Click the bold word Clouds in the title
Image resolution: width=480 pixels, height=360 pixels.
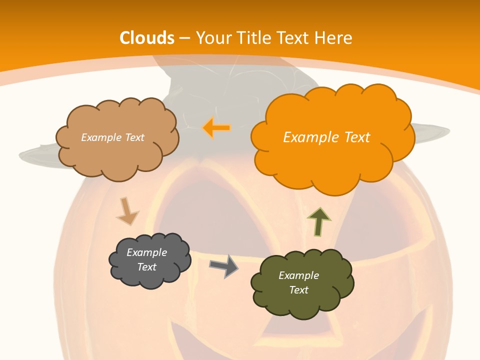pyautogui.click(x=147, y=38)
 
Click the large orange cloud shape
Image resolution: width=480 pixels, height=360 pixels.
pyautogui.click(x=332, y=160)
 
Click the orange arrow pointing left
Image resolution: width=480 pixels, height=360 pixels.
pyautogui.click(x=216, y=128)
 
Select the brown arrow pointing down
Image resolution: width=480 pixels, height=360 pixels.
pyautogui.click(x=127, y=211)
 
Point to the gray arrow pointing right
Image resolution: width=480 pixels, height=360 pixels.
pyautogui.click(x=224, y=266)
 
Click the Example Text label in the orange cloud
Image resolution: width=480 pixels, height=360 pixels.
pyautogui.click(x=326, y=137)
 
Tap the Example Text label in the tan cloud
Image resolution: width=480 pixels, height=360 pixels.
pyautogui.click(x=112, y=137)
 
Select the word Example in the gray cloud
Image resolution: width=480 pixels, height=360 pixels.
pyautogui.click(x=146, y=252)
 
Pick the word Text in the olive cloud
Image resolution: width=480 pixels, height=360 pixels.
pyautogui.click(x=298, y=290)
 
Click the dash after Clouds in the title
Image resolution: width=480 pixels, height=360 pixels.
pyautogui.click(x=183, y=38)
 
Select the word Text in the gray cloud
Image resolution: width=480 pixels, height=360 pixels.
pyautogui.click(x=146, y=267)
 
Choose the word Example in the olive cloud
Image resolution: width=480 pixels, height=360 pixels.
pyautogui.click(x=298, y=275)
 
